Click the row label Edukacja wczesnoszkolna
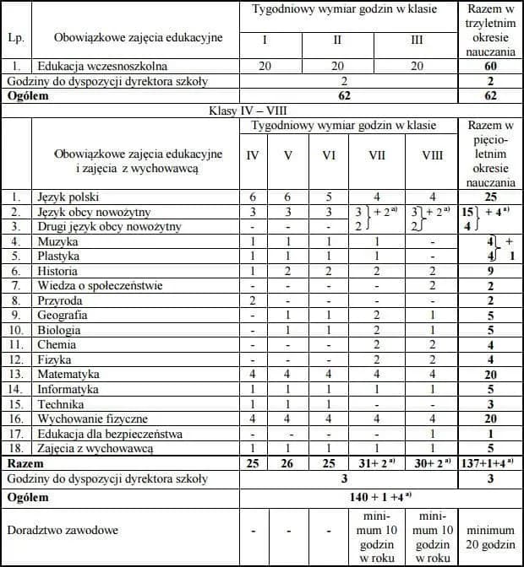click(x=102, y=65)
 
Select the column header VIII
click(x=431, y=154)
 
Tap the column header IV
click(x=253, y=154)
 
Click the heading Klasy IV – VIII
click(x=245, y=111)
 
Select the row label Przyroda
click(x=59, y=300)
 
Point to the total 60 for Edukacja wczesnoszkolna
click(x=490, y=65)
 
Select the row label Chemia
click(x=57, y=344)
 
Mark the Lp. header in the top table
click(x=15, y=37)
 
